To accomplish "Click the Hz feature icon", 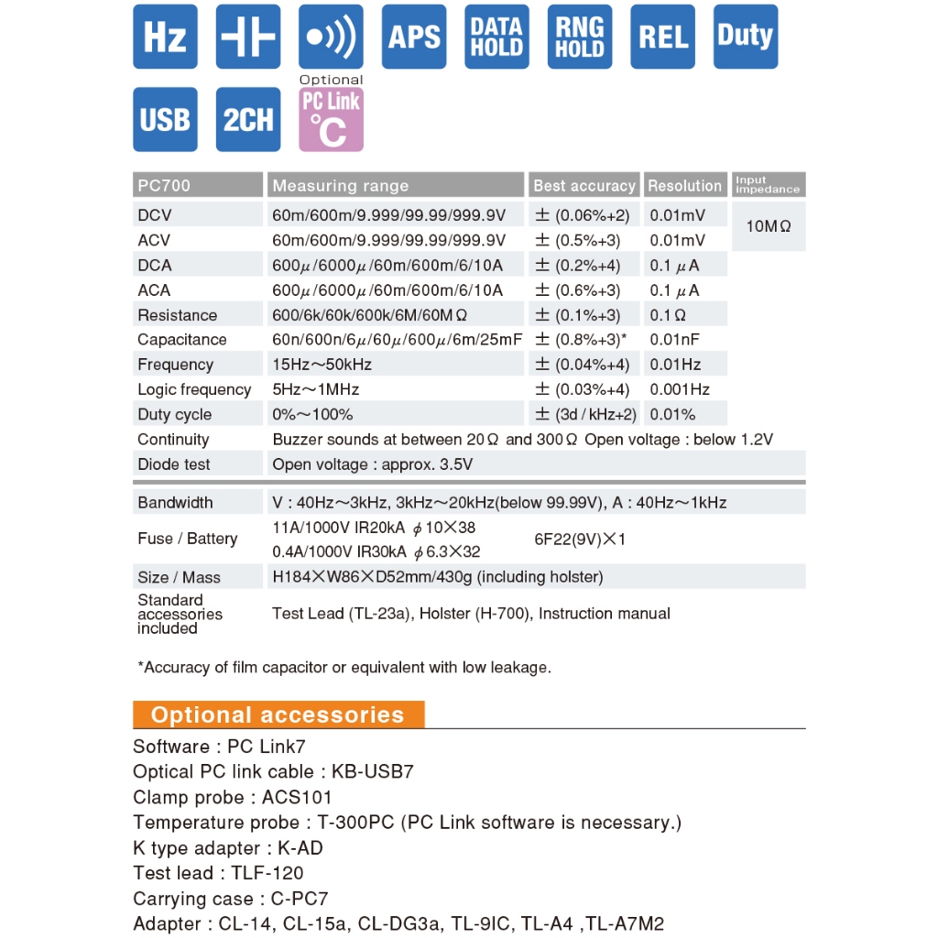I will click(x=165, y=37).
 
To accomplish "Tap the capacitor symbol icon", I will click(x=248, y=37).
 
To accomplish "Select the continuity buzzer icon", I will click(x=331, y=37).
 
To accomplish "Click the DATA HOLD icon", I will click(x=496, y=37).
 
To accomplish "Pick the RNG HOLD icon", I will click(x=580, y=37).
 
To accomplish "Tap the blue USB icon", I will click(x=165, y=119).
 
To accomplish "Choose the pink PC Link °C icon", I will click(x=331, y=119).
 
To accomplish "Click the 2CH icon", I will click(x=248, y=119).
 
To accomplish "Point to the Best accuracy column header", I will click(x=584, y=186).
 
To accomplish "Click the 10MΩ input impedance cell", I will click(x=769, y=225).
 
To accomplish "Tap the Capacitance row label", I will click(x=181, y=340).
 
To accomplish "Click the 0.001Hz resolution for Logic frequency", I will click(x=680, y=389).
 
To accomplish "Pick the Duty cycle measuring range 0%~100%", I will click(x=312, y=414).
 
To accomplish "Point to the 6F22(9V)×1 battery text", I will click(x=580, y=540).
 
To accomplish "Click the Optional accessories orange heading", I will click(x=278, y=715).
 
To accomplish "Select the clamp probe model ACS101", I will click(x=297, y=797).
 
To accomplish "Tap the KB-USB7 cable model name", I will click(x=373, y=771).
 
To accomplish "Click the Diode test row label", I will click(x=174, y=464).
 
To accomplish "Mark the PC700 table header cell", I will click(x=165, y=186).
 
